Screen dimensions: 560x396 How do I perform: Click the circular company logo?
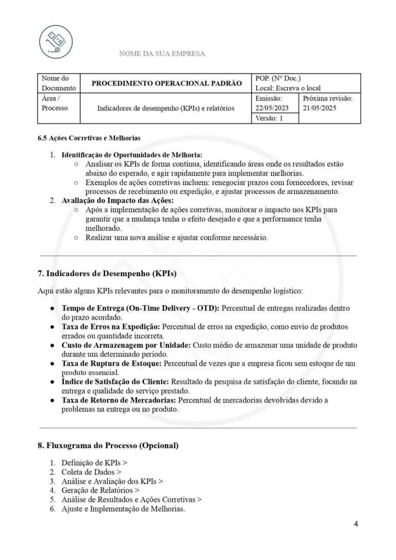click(x=56, y=41)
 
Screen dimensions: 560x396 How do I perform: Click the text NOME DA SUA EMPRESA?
click(x=162, y=54)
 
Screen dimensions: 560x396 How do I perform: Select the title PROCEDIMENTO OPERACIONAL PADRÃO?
click(x=167, y=83)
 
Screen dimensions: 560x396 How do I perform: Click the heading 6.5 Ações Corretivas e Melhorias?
click(x=89, y=138)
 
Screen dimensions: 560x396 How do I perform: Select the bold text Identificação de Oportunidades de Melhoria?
click(x=131, y=155)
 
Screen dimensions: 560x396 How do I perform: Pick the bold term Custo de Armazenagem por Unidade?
click(x=126, y=345)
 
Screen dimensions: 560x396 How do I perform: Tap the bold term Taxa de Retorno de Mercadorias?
click(x=119, y=400)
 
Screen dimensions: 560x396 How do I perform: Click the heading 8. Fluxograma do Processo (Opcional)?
click(x=108, y=445)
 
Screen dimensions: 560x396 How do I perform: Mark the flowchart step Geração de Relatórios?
click(x=97, y=490)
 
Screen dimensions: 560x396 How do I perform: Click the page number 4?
click(x=356, y=524)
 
